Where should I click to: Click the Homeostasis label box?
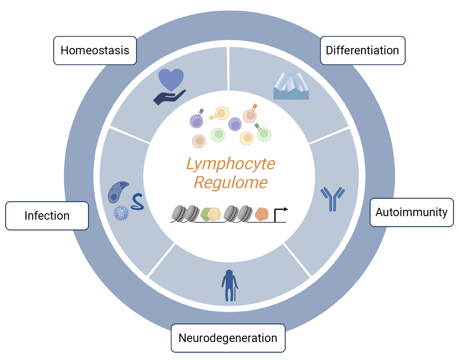95,51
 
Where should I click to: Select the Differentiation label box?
362,51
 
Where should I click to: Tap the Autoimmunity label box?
411,212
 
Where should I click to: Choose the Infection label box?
47,216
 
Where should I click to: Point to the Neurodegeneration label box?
228,338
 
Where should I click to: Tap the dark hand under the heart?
168,98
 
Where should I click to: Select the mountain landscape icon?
291,86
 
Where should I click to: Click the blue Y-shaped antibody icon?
332,199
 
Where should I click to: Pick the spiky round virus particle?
121,213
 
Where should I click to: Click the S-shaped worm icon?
137,202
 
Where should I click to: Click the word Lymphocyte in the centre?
230,164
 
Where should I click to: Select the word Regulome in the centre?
230,182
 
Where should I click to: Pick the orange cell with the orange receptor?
250,116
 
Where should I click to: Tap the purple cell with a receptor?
196,121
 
